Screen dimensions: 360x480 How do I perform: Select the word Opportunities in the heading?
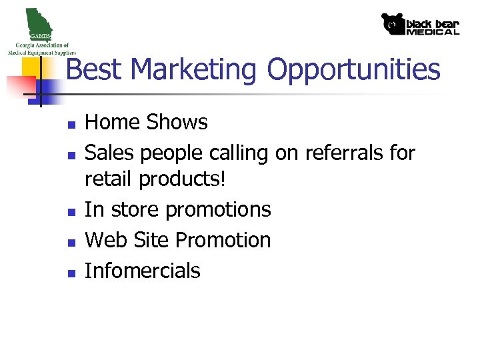(x=353, y=69)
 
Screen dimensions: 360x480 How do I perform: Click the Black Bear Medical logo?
(x=420, y=24)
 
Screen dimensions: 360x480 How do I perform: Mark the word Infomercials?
(x=143, y=271)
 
